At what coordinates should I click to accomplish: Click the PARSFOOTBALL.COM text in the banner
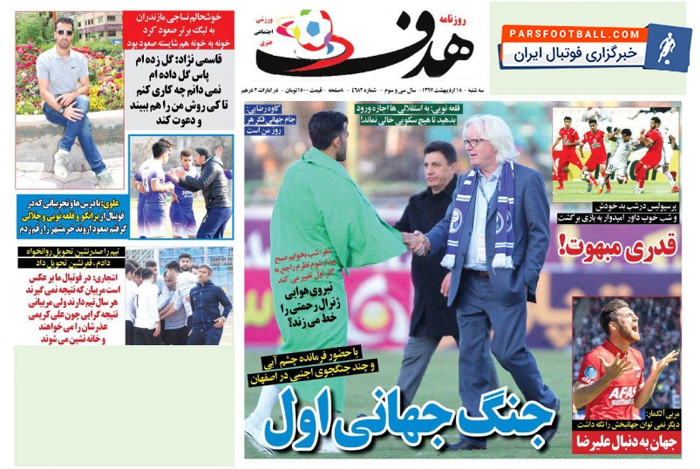pos(574,34)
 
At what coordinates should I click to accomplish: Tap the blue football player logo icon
pos(668,47)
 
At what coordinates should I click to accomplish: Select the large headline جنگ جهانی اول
pos(409,419)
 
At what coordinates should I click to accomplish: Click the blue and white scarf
pos(479,215)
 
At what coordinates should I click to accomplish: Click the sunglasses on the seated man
pos(65,32)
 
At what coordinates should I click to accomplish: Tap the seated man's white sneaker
pos(61,164)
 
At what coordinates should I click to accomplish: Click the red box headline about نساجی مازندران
pos(178,30)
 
